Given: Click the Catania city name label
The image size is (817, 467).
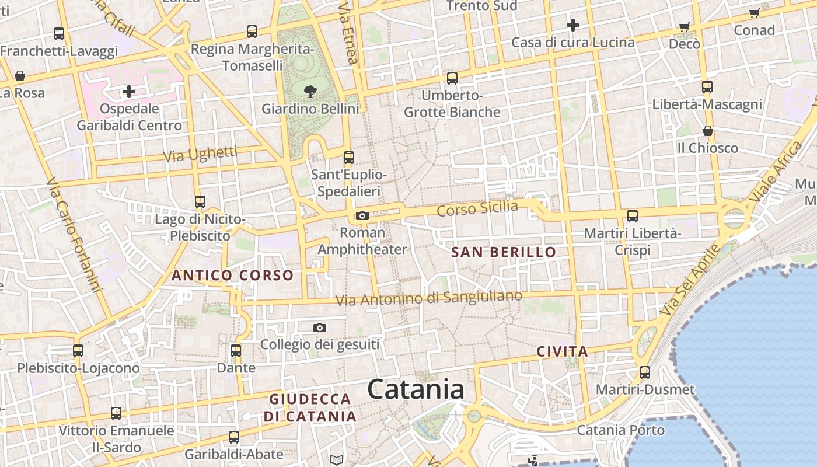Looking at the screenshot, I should point(416,389).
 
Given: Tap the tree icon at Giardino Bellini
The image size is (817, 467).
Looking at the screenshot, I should point(310,91).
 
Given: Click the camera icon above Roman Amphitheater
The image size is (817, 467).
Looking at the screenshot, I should point(362,216).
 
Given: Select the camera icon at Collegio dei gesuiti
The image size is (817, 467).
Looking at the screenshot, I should point(319,327).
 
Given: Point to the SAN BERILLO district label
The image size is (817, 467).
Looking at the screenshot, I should point(504,252).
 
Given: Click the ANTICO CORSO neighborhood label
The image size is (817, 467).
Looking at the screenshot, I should point(232,275).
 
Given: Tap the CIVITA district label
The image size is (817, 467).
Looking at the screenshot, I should point(562,351).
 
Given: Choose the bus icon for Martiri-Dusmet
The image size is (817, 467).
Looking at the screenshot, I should point(644,372).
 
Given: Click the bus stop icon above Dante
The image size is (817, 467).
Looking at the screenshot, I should point(236,351).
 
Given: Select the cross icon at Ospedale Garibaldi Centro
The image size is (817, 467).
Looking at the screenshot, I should point(128,91).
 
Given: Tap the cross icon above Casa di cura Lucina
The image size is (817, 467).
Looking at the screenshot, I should point(572,25).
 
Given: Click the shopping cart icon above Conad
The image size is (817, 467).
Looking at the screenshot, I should point(754,13).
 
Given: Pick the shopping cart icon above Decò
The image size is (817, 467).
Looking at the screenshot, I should point(684,27).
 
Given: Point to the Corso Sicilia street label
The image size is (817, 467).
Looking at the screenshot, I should point(477,208).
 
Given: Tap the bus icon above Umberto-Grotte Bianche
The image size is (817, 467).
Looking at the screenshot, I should point(452,78).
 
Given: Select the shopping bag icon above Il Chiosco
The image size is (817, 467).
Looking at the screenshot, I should point(707,131).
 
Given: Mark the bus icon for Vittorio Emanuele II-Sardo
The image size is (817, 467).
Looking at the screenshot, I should point(116,413).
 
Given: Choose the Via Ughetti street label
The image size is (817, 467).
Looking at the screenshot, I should point(200,155).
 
